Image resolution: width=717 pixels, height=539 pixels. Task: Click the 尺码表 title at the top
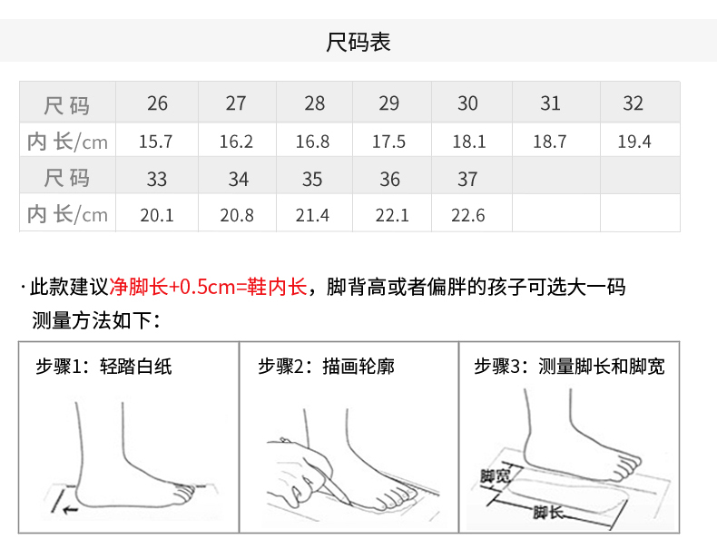pyautogui.click(x=358, y=42)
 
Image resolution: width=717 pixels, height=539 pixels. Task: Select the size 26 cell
pyautogui.click(x=157, y=103)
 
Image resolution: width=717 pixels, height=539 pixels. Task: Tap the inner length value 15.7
pyautogui.click(x=155, y=142)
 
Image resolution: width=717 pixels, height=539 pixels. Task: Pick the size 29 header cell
pyautogui.click(x=388, y=103)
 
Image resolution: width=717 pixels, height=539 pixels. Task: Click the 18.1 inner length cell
pyautogui.click(x=468, y=142)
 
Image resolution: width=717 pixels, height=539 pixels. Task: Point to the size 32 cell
pyautogui.click(x=633, y=103)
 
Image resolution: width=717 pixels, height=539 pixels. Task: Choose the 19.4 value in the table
pyautogui.click(x=634, y=142)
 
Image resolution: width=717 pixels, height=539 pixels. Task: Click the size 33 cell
pyautogui.click(x=156, y=179)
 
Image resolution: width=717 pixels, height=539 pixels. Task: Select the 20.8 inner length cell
pyautogui.click(x=237, y=215)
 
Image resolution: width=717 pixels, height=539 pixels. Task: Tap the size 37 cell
pyautogui.click(x=467, y=179)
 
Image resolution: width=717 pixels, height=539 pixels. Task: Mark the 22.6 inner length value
pyautogui.click(x=467, y=215)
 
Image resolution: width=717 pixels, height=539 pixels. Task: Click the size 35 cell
pyautogui.click(x=312, y=179)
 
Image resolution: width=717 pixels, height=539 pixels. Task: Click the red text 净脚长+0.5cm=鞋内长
pyautogui.click(x=208, y=287)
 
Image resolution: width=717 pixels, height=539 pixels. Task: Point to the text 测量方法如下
pyautogui.click(x=92, y=320)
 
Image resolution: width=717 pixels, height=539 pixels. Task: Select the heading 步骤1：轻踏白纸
pyautogui.click(x=103, y=367)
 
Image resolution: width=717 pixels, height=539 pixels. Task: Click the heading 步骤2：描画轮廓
pyautogui.click(x=326, y=367)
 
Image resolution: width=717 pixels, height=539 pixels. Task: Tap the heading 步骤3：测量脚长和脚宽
pyautogui.click(x=569, y=367)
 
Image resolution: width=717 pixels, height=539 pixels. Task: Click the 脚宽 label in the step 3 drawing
pyautogui.click(x=495, y=476)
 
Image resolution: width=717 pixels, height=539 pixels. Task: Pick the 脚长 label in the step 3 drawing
pyautogui.click(x=547, y=513)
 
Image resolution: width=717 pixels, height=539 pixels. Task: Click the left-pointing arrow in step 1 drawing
pyautogui.click(x=70, y=509)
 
